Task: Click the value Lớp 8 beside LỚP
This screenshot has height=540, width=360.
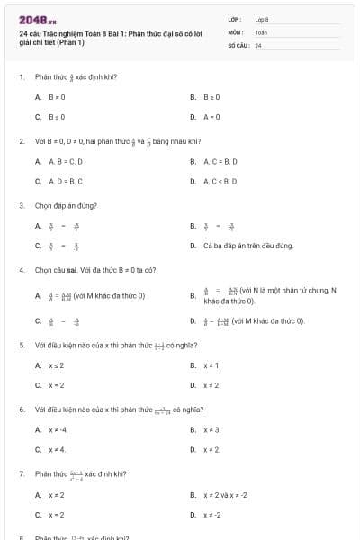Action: (263, 19)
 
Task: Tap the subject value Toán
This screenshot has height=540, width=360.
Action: (261, 31)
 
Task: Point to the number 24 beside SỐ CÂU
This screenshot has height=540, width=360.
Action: (258, 44)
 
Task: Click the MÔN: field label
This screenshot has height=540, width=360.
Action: (235, 31)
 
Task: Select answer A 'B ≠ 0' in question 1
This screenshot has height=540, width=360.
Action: (57, 96)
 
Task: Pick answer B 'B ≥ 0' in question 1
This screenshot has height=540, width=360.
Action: (211, 96)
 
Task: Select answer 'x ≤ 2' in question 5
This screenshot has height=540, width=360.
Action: (56, 365)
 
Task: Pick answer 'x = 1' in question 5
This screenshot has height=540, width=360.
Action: (211, 365)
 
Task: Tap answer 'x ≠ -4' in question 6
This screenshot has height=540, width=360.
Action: (58, 429)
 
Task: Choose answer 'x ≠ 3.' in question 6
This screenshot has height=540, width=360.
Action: (212, 429)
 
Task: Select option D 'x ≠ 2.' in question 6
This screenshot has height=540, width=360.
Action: (212, 449)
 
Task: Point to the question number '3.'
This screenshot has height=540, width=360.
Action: (22, 205)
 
